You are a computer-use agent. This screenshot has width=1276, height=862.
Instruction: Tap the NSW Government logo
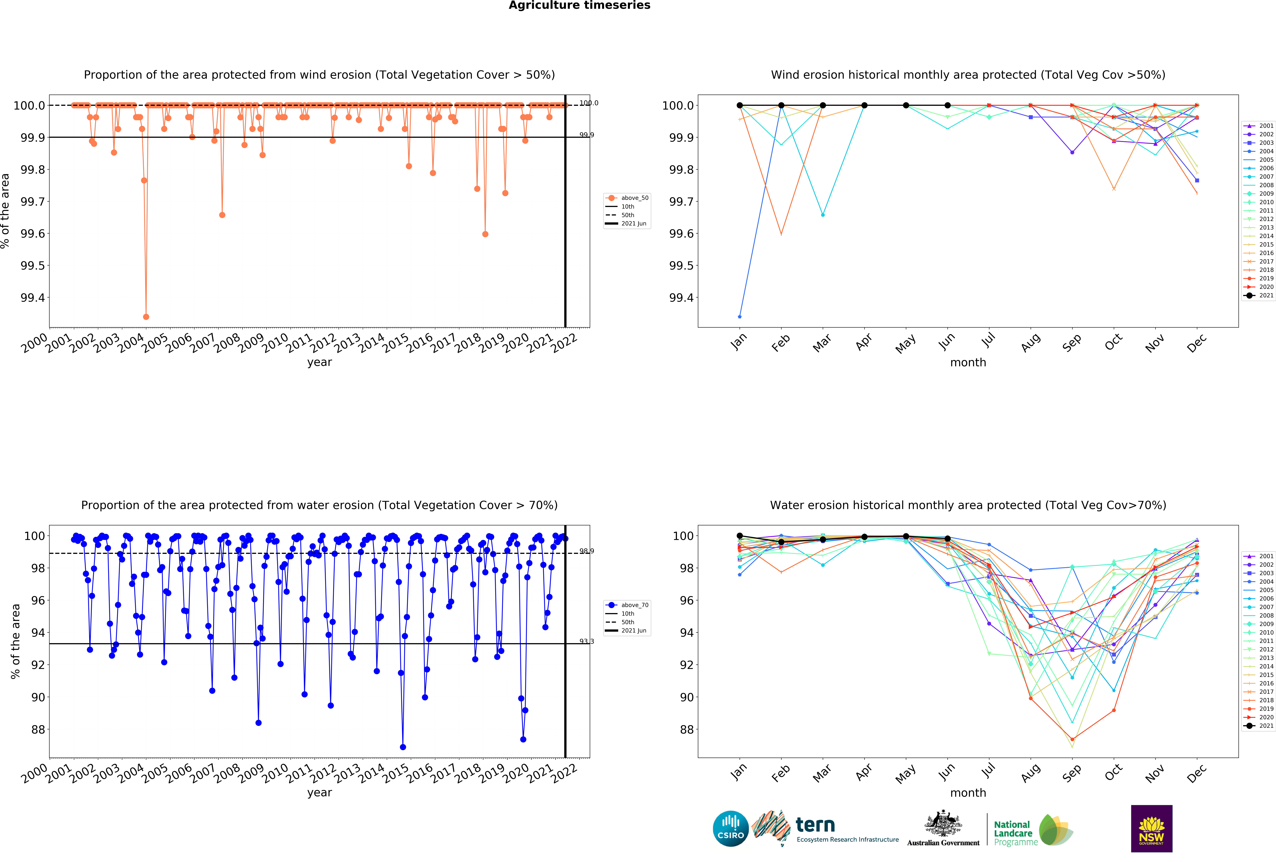pos(1151,829)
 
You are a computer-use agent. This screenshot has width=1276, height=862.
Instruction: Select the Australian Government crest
pos(943,823)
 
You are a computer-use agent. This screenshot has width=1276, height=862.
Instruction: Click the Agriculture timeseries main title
pos(579,6)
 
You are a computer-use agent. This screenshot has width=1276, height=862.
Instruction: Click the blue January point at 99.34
pos(740,317)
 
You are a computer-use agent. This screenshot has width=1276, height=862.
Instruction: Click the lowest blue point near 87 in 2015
pos(403,747)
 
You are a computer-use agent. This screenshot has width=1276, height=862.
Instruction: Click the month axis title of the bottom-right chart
pos(968,793)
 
